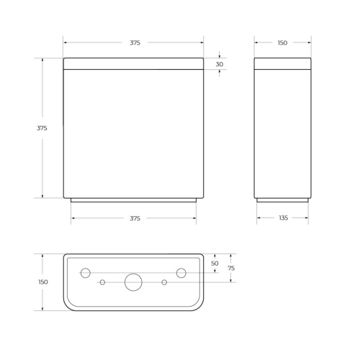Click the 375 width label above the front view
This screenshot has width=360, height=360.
click(135, 43)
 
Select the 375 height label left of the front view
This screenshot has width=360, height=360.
click(42, 127)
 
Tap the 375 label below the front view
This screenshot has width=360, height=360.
click(135, 217)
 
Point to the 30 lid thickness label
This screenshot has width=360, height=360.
click(219, 64)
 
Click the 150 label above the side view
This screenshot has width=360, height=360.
click(282, 43)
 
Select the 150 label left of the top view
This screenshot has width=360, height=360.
click(43, 282)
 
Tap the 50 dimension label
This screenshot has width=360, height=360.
click(215, 264)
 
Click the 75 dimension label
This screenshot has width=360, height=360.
click(231, 268)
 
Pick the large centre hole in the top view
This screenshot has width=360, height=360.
click(133, 282)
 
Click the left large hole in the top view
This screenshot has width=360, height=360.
click(85, 272)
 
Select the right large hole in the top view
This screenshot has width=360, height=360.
click(181, 272)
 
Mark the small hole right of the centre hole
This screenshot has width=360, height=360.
click(165, 282)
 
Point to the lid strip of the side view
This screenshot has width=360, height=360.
click(282, 64)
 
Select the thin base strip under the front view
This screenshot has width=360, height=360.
click(133, 200)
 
